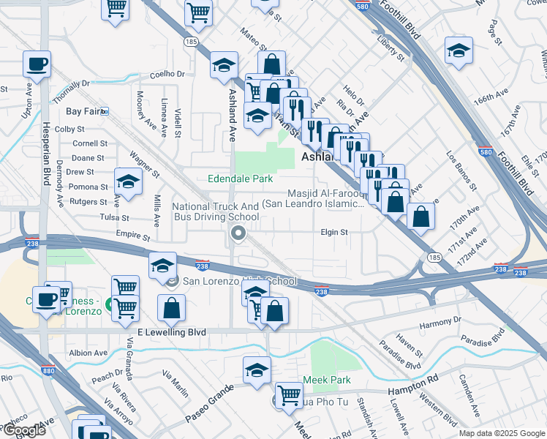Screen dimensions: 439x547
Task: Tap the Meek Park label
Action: pos(327,380)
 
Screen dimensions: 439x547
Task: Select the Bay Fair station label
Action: pos(82,111)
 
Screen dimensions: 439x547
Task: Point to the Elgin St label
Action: pos(333,232)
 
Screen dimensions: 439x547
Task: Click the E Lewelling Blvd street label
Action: pos(167,332)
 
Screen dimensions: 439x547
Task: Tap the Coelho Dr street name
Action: pos(167,74)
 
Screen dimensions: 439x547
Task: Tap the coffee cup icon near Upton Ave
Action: pos(37,64)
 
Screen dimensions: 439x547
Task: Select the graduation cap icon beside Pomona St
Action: pos(128,182)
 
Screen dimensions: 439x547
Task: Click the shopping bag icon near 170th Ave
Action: pos(421,216)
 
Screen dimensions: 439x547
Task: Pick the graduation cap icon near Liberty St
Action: pos(459,50)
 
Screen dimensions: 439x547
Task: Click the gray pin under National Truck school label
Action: pos(238,234)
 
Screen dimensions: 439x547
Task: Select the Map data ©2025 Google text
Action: pos(501,433)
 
